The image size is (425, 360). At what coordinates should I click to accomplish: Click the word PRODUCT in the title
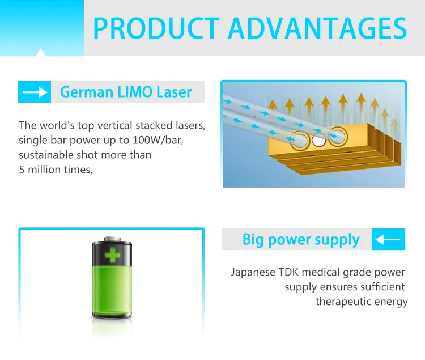(x=156, y=28)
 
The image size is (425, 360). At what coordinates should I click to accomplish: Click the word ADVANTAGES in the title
(x=317, y=28)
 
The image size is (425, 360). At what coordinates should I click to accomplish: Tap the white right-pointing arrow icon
(x=35, y=92)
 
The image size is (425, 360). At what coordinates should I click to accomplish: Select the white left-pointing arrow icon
(x=388, y=239)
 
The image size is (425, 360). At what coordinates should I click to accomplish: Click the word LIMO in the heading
(x=135, y=92)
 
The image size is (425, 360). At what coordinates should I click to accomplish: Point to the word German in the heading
(x=87, y=92)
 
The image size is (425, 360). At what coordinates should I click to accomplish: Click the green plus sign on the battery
(x=112, y=255)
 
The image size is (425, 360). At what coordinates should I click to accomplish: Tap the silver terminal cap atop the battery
(x=112, y=239)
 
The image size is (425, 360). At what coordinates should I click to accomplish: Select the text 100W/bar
(x=158, y=140)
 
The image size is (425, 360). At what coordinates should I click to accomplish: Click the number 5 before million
(x=22, y=170)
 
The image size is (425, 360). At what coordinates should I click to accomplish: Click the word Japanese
(x=253, y=272)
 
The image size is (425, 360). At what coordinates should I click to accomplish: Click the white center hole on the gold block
(x=318, y=141)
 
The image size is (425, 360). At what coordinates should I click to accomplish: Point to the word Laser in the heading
(x=174, y=92)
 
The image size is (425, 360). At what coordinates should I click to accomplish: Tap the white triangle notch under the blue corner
(x=41, y=52)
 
